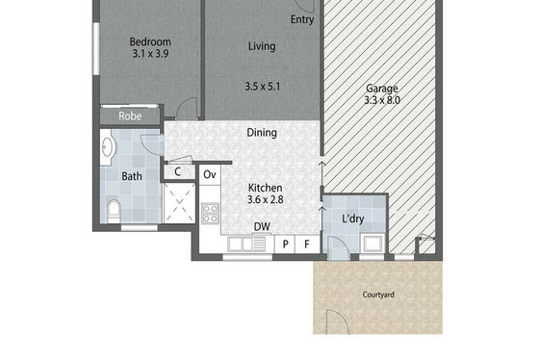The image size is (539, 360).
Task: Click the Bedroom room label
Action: pos(150,42)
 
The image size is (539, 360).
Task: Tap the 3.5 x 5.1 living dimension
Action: pos(263,87)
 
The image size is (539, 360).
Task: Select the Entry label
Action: pos(302,19)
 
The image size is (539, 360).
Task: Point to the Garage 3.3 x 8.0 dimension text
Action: pos(382,100)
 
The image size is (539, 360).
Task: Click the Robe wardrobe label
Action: pos(130,116)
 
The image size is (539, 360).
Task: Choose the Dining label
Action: pos(262,133)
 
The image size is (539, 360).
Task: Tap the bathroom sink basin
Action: pos(108,147)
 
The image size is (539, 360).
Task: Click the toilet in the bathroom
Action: pos(114,211)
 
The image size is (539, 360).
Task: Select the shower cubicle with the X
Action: pos(179,203)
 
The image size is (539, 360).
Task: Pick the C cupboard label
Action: pos(177,171)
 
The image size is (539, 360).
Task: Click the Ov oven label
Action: pos(210,174)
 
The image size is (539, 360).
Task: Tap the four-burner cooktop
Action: pos(211,213)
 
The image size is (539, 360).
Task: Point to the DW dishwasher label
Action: pos(262,226)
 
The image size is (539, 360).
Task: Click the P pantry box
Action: pos(285,244)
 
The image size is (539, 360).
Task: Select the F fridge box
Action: pos(307,244)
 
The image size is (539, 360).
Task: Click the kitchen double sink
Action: pos(246,244)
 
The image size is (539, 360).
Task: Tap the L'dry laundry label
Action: pos(353,219)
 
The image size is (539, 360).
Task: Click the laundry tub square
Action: pos(372,244)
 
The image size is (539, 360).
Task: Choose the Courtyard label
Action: pos(378,295)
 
